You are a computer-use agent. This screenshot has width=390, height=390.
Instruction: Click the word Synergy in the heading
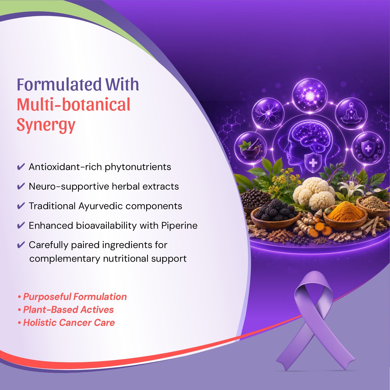[x=46, y=125]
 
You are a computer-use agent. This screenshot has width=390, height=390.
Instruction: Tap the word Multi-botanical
[x=74, y=105]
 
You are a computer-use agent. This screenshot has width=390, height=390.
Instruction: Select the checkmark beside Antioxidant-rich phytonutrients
[x=21, y=167]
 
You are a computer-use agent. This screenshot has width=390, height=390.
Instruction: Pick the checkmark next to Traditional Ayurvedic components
[x=21, y=206]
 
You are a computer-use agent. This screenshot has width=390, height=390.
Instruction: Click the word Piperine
[x=179, y=226]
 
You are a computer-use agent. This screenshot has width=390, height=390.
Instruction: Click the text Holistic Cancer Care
[x=69, y=323]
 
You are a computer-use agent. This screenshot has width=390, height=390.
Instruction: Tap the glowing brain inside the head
[x=311, y=136]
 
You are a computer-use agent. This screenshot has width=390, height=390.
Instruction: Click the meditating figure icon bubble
[x=351, y=114]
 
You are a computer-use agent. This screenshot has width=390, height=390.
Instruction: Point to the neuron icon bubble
[x=268, y=114]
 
